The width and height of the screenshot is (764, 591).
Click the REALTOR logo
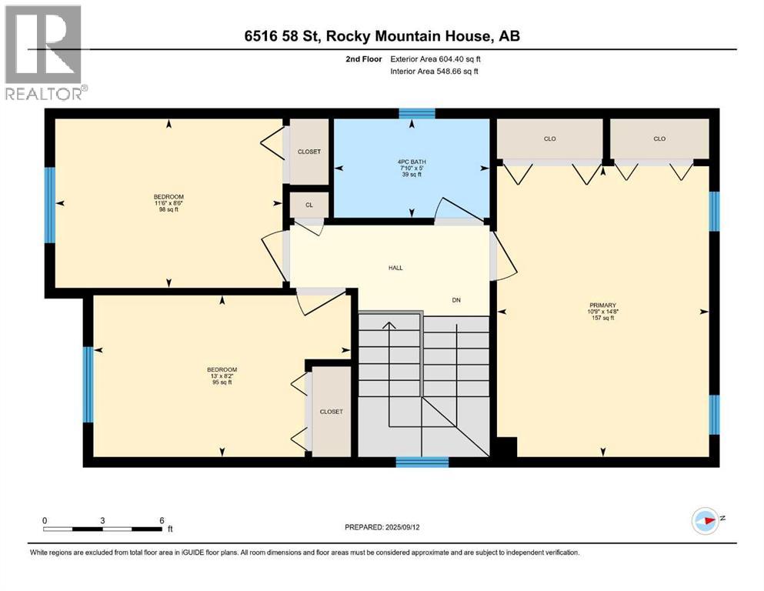[x=44, y=52]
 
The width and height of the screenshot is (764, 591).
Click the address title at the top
[x=382, y=36]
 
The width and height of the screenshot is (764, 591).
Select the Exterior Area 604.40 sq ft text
[x=439, y=58]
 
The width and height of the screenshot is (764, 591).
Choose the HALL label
[x=395, y=268]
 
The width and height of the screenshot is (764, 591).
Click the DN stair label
[x=455, y=300]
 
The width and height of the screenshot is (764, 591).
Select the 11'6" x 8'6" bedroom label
[x=168, y=202]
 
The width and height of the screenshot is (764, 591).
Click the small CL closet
[x=309, y=205]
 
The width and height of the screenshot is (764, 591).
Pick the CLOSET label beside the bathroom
[x=309, y=152]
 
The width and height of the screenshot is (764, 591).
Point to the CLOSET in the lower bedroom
[x=331, y=412]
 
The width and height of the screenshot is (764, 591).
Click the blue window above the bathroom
[x=416, y=113]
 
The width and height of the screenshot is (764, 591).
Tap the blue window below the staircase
[x=422, y=462]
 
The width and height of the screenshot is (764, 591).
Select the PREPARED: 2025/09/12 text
[x=382, y=527]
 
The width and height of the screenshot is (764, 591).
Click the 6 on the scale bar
[x=161, y=520]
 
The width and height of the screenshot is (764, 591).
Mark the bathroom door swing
[x=449, y=210]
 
